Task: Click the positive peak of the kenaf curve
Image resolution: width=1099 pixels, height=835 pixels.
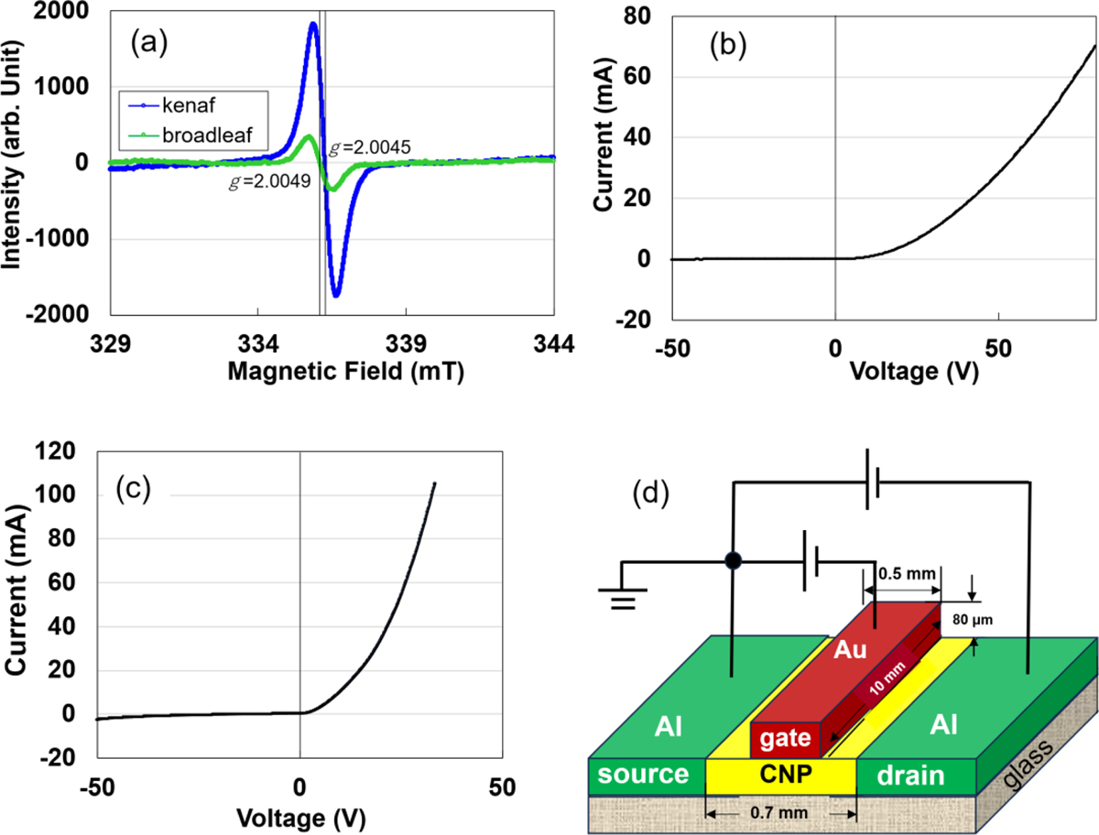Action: click(313, 24)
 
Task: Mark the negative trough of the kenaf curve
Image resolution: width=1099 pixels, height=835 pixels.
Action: click(336, 295)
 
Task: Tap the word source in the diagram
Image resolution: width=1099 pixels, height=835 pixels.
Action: click(646, 775)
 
